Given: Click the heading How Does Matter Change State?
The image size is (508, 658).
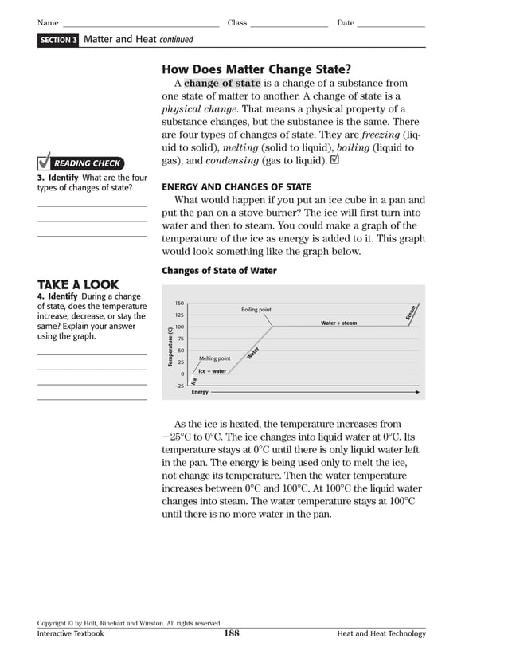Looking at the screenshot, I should pyautogui.click(x=256, y=69).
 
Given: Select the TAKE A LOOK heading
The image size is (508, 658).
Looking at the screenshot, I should pyautogui.click(x=78, y=284).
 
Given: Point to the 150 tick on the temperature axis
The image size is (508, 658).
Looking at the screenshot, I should pyautogui.click(x=179, y=304).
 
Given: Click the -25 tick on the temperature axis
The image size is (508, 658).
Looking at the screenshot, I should pyautogui.click(x=179, y=386).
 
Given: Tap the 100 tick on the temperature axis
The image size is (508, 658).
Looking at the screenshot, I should pyautogui.click(x=179, y=327).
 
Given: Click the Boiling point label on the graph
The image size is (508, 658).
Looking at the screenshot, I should pyautogui.click(x=256, y=310).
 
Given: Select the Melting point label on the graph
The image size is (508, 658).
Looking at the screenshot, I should pyautogui.click(x=214, y=358).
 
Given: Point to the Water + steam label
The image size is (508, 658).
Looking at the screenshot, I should pyautogui.click(x=338, y=323).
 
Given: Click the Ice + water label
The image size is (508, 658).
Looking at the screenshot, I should pyautogui.click(x=212, y=371).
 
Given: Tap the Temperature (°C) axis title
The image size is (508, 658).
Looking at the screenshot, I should pyautogui.click(x=170, y=347).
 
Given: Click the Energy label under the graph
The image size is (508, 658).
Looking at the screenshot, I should pyautogui.click(x=200, y=392).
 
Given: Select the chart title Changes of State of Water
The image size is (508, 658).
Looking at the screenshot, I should pyautogui.click(x=219, y=271).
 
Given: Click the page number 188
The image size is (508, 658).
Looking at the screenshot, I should pyautogui.click(x=232, y=634).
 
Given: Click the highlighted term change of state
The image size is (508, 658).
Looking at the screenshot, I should pyautogui.click(x=222, y=83).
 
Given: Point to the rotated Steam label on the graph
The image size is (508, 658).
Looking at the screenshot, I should pyautogui.click(x=411, y=313).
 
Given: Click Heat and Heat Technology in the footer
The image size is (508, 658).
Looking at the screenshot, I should pyautogui.click(x=381, y=634).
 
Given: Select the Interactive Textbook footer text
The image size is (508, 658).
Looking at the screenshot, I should pyautogui.click(x=70, y=634).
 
